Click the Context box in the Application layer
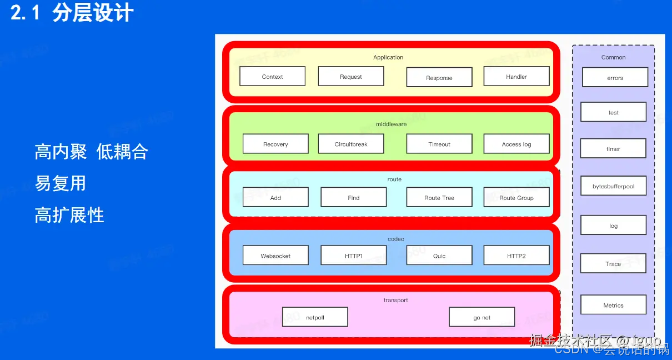(x=272, y=77)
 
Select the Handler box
(x=516, y=77)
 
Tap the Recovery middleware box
(x=275, y=144)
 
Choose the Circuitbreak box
(x=351, y=144)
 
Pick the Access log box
(x=516, y=144)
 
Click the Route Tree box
(x=439, y=197)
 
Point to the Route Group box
(x=516, y=197)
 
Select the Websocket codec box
(x=275, y=256)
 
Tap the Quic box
(x=439, y=256)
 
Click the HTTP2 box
(x=516, y=256)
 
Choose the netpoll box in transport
(x=315, y=317)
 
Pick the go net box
(x=482, y=317)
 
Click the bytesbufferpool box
(x=613, y=186)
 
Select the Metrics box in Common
(x=613, y=305)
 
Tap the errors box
(x=615, y=78)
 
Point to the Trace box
(x=613, y=263)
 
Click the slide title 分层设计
(x=93, y=13)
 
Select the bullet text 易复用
(x=61, y=183)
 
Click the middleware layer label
(x=391, y=124)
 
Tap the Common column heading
(x=613, y=57)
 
